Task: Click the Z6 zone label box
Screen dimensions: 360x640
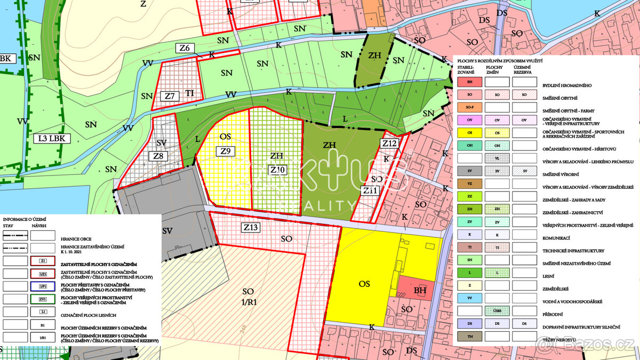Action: [x=185, y=49]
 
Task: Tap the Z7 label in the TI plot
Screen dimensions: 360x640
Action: [x=170, y=97]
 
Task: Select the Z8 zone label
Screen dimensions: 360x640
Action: [x=158, y=156]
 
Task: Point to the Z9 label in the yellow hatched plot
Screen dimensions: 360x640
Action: [x=226, y=151]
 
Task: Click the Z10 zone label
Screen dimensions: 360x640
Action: [x=278, y=170]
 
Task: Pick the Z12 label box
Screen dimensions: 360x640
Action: [x=389, y=143]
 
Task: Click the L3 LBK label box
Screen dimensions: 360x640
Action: [x=54, y=139]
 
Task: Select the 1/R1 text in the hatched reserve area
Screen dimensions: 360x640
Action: [x=249, y=302]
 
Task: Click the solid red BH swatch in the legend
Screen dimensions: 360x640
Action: [x=469, y=82]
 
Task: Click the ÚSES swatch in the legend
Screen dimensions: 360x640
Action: [x=497, y=310]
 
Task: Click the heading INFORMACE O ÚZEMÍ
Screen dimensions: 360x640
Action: [x=25, y=219]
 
